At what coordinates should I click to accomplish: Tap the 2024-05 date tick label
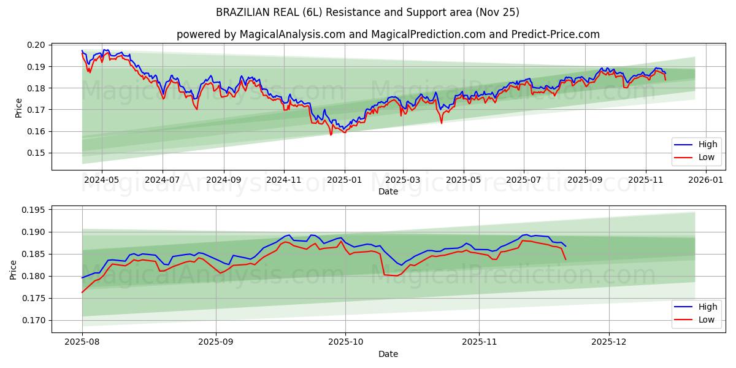(x=102, y=180)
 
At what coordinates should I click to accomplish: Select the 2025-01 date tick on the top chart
(x=344, y=180)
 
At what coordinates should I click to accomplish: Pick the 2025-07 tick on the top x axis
(x=523, y=180)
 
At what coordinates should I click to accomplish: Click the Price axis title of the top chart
(x=18, y=107)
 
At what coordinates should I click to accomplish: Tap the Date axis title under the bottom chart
(x=388, y=354)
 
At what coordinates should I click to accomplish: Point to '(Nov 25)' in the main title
(x=501, y=12)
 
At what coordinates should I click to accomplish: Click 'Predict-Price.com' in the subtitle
(x=558, y=34)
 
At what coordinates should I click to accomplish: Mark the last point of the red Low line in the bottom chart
(x=565, y=259)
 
